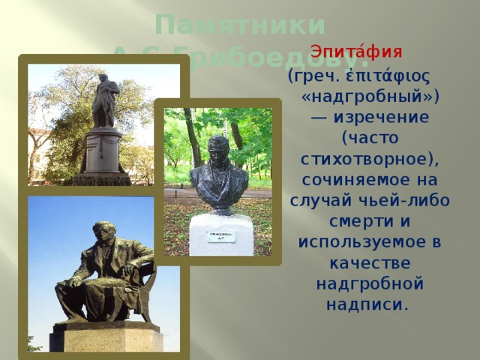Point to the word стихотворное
(x=367, y=160)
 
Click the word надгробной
(x=370, y=285)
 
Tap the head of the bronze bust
(x=218, y=148)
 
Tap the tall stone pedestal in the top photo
(x=103, y=154)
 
